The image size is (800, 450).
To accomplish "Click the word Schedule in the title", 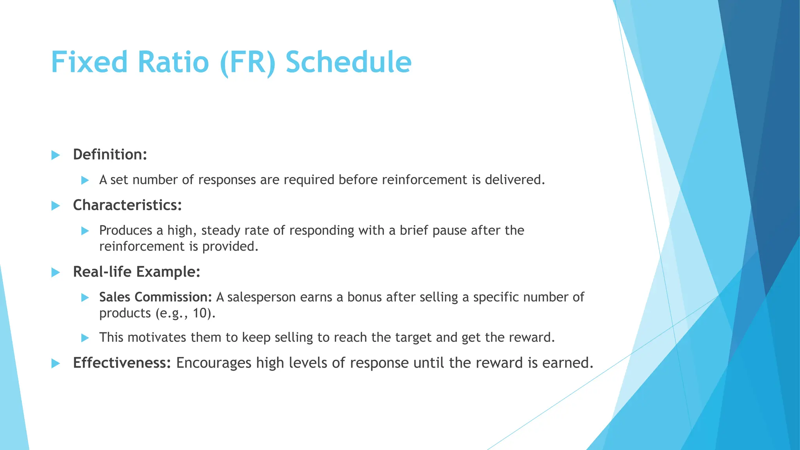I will pyautogui.click(x=348, y=62).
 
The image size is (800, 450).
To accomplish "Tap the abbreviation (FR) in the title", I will pyautogui.click(x=248, y=62).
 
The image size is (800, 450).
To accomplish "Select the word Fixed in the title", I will pyautogui.click(x=89, y=62).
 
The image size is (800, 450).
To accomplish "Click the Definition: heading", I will pyautogui.click(x=110, y=155).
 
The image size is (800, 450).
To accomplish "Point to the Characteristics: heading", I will pyautogui.click(x=127, y=205).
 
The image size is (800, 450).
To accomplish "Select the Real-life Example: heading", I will pyautogui.click(x=136, y=272).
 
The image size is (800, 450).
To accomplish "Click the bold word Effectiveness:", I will pyautogui.click(x=122, y=363).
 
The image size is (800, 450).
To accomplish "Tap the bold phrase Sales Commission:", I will pyautogui.click(x=155, y=297).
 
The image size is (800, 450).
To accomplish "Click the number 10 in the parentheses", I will pyautogui.click(x=202, y=313).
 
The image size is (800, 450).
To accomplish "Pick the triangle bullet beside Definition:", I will pyautogui.click(x=55, y=155).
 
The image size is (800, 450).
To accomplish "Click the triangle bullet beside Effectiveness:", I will pyautogui.click(x=55, y=364).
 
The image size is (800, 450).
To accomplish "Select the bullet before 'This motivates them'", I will pyautogui.click(x=85, y=338).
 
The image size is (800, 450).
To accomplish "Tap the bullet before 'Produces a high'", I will pyautogui.click(x=85, y=231).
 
